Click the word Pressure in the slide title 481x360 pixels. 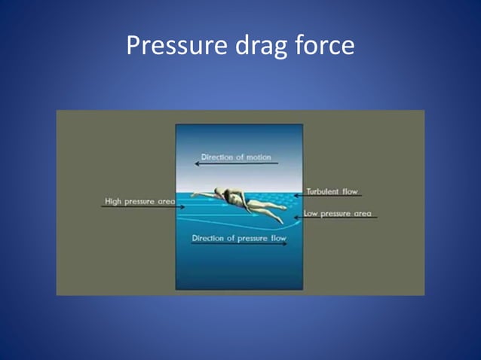click(x=169, y=47)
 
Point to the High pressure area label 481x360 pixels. click(x=139, y=201)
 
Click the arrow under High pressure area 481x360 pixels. click(x=143, y=207)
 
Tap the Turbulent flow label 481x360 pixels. click(x=332, y=191)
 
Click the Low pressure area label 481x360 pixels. click(x=337, y=214)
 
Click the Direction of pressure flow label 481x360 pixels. click(x=239, y=238)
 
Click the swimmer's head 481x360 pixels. click(x=219, y=192)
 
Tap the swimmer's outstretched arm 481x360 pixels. click(x=201, y=195)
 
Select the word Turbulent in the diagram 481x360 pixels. click(x=322, y=191)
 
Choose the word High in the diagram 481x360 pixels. click(x=113, y=201)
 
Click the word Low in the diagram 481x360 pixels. click(x=310, y=214)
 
